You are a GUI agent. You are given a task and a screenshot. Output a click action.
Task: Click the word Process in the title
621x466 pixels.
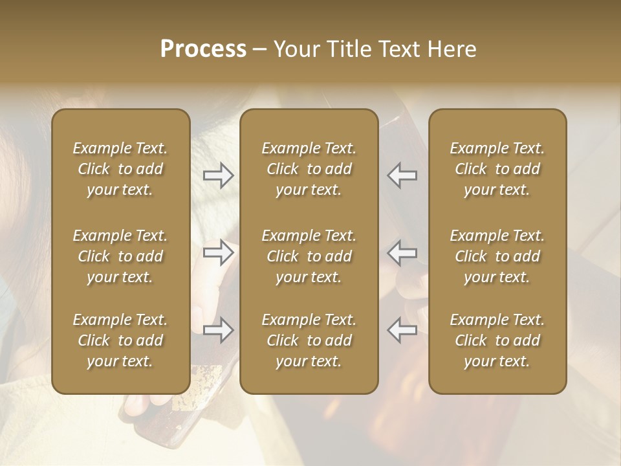[203, 49]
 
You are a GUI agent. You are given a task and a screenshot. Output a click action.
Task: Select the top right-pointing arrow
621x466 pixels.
[219, 175]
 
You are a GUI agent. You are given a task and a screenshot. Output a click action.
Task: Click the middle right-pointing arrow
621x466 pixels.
[219, 252]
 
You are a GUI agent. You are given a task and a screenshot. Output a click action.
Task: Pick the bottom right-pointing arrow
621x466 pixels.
[219, 330]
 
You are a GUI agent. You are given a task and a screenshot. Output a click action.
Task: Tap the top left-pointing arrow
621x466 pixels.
[402, 175]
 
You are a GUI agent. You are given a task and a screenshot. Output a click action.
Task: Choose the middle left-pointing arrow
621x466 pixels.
[402, 252]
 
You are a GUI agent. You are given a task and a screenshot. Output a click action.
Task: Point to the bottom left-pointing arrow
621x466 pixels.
[402, 330]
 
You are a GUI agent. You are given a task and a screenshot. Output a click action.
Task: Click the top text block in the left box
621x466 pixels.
[120, 169]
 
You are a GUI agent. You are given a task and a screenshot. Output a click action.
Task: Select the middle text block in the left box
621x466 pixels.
[120, 256]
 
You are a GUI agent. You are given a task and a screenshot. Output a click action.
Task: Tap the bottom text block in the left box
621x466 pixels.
[120, 340]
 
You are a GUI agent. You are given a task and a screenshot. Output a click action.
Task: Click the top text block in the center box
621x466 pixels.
[309, 169]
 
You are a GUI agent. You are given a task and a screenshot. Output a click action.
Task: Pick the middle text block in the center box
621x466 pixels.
[309, 256]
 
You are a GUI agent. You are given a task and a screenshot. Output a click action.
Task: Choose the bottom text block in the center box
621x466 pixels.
[309, 340]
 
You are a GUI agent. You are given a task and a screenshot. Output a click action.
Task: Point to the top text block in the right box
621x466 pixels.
[497, 169]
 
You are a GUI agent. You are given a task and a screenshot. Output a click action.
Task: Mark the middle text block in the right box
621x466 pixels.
[497, 256]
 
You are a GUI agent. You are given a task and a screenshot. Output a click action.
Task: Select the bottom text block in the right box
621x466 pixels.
[497, 340]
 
